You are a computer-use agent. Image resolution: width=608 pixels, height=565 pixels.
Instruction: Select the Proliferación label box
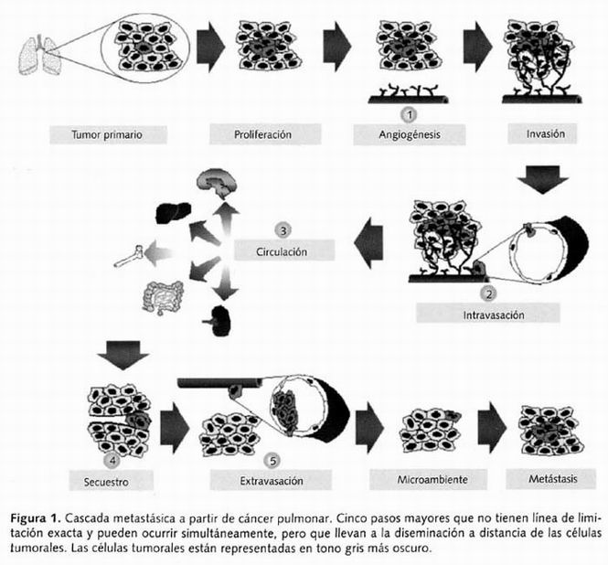coord(262,134)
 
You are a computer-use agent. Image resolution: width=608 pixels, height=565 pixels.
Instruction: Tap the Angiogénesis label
coord(409,134)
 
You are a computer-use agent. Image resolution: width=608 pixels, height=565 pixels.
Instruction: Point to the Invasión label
coord(545,134)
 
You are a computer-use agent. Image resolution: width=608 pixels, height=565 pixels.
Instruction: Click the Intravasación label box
coord(489,314)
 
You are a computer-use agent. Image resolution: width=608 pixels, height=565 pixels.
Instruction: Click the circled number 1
coord(410,113)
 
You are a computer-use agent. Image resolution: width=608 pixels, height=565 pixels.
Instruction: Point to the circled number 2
coord(490,293)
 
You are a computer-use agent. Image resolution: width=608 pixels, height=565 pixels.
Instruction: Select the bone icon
coord(128,256)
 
